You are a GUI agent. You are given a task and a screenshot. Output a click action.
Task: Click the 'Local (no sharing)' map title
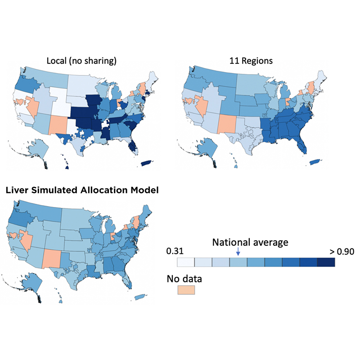coord(81,61)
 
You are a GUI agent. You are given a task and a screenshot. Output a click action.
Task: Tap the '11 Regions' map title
coord(251,61)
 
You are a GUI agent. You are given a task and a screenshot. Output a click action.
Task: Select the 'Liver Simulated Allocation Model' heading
coord(82,190)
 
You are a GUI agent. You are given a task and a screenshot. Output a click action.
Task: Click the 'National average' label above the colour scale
coord(250,243)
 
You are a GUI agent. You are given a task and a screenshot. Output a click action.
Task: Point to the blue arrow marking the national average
coord(238,252)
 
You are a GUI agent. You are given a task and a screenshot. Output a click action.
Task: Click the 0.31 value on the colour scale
coord(175,251)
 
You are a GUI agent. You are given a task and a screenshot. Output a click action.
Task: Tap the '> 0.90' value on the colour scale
coord(342,252)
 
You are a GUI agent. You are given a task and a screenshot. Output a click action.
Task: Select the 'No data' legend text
coord(184,279)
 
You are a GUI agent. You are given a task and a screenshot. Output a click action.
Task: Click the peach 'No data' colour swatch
coord(186,290)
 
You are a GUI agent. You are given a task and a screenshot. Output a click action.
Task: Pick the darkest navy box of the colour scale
coord(326,262)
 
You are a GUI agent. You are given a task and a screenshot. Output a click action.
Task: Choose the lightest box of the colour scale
coord(186,262)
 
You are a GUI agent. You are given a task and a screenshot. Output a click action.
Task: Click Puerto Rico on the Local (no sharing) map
coord(147,163)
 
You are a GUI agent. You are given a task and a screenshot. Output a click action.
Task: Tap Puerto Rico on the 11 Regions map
coord(316,162)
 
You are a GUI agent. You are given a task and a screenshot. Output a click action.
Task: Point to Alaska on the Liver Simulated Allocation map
coord(31,283)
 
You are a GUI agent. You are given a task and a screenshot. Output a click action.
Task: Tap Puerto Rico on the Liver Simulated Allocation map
coord(140,297)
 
